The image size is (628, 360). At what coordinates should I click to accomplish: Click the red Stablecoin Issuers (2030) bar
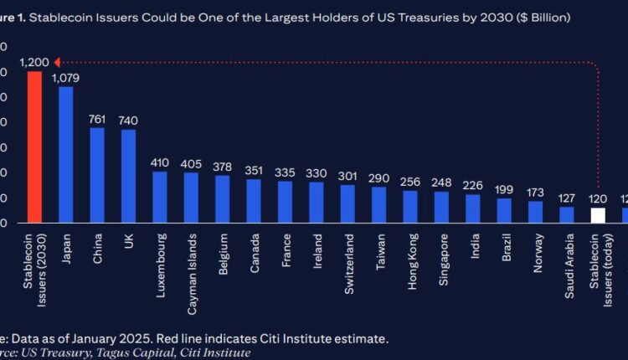(34, 147)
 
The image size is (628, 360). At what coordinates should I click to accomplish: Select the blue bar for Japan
(65, 155)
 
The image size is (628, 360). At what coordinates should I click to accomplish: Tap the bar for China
(97, 175)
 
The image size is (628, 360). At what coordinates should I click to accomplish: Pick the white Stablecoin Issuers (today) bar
(598, 215)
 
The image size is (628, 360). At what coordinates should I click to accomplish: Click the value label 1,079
(66, 78)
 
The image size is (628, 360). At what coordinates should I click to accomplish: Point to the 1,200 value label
(34, 62)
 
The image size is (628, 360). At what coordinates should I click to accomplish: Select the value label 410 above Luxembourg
(160, 162)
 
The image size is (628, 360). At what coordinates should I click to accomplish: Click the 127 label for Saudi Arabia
(567, 198)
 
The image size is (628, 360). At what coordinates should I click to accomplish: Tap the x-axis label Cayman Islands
(191, 260)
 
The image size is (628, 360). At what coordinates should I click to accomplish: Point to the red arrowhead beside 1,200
(57, 62)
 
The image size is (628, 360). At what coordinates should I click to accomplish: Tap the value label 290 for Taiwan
(379, 178)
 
